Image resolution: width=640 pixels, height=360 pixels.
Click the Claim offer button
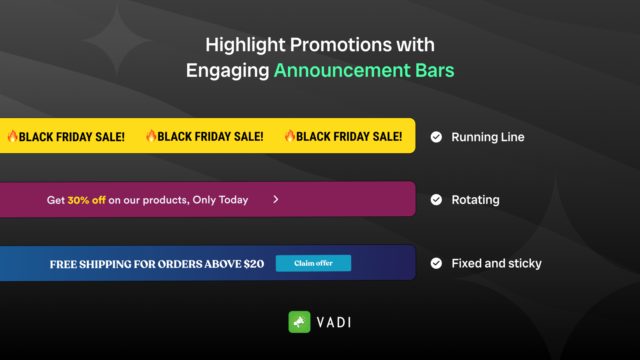click(314, 263)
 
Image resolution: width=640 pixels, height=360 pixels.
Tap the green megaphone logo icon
click(300, 322)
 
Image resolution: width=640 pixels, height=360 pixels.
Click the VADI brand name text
click(334, 322)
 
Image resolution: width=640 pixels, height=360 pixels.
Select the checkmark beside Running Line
click(436, 137)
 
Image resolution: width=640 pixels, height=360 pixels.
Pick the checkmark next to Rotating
click(436, 200)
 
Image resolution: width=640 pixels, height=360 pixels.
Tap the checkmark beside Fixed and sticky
click(436, 263)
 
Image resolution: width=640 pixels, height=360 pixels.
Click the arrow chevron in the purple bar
click(276, 200)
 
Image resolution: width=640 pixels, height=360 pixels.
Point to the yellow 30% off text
click(86, 200)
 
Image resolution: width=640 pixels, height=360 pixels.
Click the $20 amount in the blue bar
click(254, 264)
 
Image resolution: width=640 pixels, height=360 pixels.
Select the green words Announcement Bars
click(364, 70)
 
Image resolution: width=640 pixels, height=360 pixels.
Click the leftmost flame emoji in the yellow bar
click(12, 136)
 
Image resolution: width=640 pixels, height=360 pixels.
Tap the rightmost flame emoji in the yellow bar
click(290, 136)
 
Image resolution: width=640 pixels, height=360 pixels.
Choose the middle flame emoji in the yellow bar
click(151, 136)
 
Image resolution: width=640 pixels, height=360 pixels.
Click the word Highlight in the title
click(246, 45)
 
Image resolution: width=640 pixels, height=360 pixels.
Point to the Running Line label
click(488, 137)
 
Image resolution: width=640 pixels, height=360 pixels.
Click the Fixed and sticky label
click(496, 264)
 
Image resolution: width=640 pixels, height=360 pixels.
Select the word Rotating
click(476, 200)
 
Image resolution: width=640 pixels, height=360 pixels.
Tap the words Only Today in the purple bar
click(220, 200)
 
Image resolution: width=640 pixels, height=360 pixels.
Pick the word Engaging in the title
click(228, 71)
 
